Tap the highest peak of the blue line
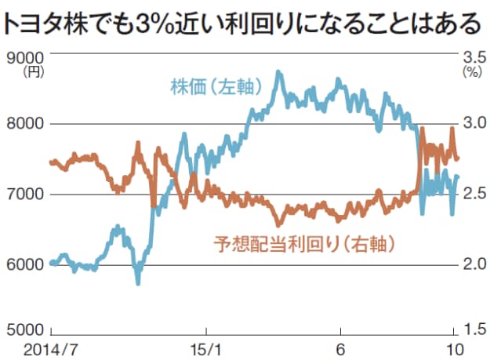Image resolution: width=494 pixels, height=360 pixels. (x=279, y=72)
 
